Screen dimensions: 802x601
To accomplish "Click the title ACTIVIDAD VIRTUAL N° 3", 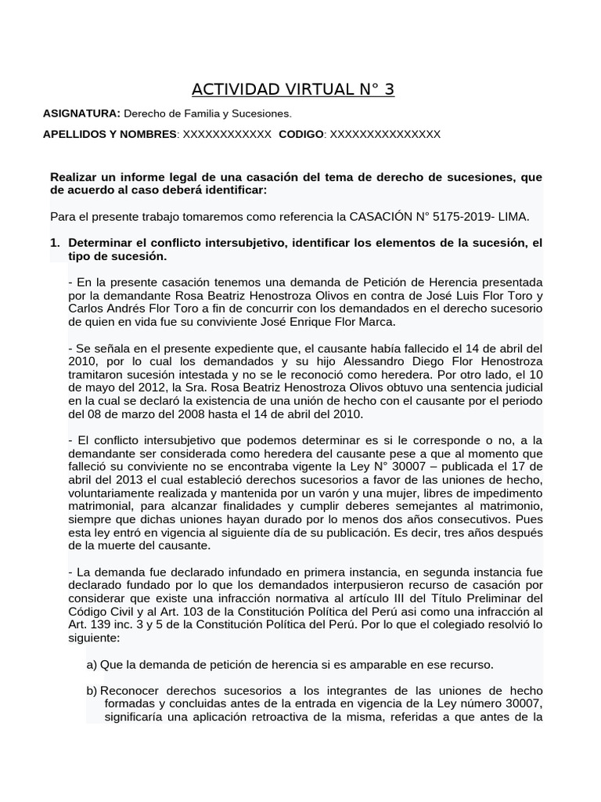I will [293, 89].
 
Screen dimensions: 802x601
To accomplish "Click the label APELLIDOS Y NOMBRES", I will [110, 135].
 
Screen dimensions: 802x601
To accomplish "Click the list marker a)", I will [92, 664].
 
